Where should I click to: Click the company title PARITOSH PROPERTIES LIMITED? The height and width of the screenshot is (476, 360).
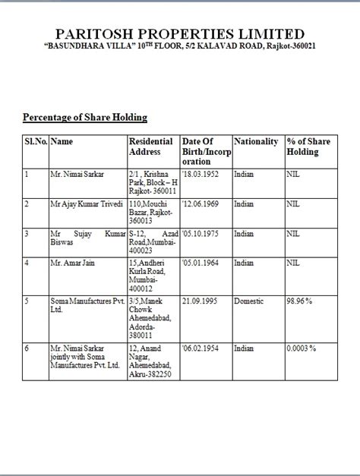point(180,33)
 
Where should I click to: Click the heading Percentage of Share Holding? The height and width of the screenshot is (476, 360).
point(84,118)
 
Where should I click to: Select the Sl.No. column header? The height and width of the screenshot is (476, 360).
point(36,141)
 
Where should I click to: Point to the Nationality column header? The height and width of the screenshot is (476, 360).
point(256,142)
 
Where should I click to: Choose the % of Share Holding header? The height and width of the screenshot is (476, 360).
point(309,147)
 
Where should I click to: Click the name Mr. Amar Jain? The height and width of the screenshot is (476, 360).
point(73,263)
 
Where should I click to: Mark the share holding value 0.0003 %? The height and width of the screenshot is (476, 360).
point(302,348)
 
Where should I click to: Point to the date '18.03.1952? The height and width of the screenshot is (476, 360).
point(201,175)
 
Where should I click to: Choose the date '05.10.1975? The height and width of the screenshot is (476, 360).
point(201,234)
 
